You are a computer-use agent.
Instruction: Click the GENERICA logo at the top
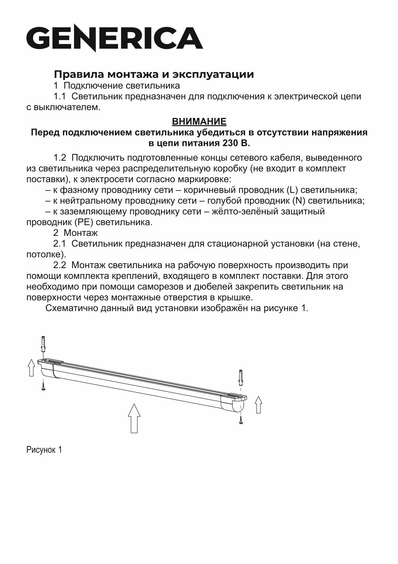coord(114,38)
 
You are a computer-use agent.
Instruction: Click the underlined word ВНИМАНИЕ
coord(199,122)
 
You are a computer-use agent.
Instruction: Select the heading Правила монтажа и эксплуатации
coord(154,74)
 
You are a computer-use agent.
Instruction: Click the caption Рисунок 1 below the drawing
coord(44,450)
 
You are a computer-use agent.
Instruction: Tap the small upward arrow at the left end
coord(31,368)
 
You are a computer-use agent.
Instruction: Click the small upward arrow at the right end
coord(258,405)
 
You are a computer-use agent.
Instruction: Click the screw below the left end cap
coord(43,385)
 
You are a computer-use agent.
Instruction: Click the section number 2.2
coord(60,265)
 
